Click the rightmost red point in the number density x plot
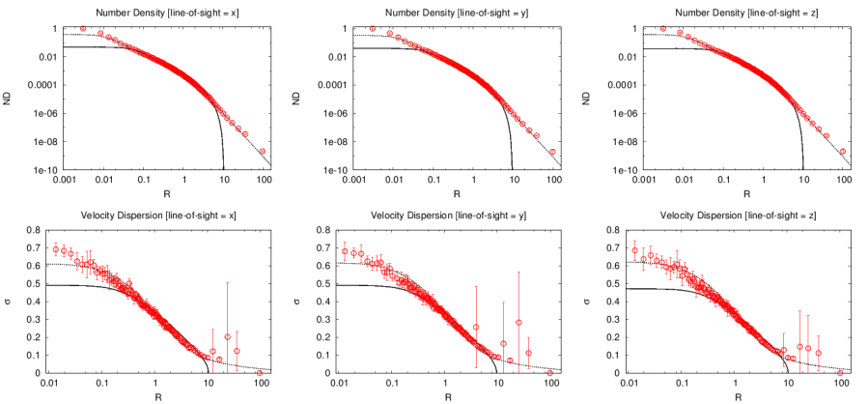(262, 152)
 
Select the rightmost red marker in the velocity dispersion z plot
(840, 372)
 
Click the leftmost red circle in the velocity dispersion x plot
(56, 248)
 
